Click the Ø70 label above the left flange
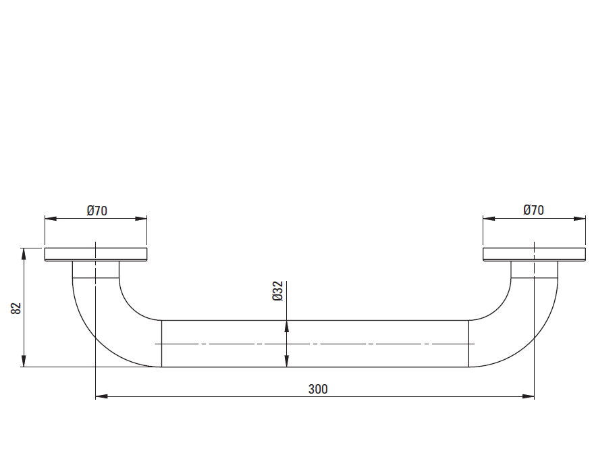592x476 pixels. tap(97, 211)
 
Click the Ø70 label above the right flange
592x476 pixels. tap(533, 210)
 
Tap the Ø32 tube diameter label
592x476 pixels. tap(277, 291)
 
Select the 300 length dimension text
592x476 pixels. tap(318, 389)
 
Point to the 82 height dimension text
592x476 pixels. tap(16, 309)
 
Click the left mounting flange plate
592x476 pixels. tap(96, 255)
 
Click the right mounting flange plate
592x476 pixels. tap(534, 255)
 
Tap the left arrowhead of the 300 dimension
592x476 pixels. tap(101, 396)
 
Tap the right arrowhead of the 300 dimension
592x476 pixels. tap(529, 396)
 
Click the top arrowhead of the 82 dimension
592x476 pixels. tap(24, 254)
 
